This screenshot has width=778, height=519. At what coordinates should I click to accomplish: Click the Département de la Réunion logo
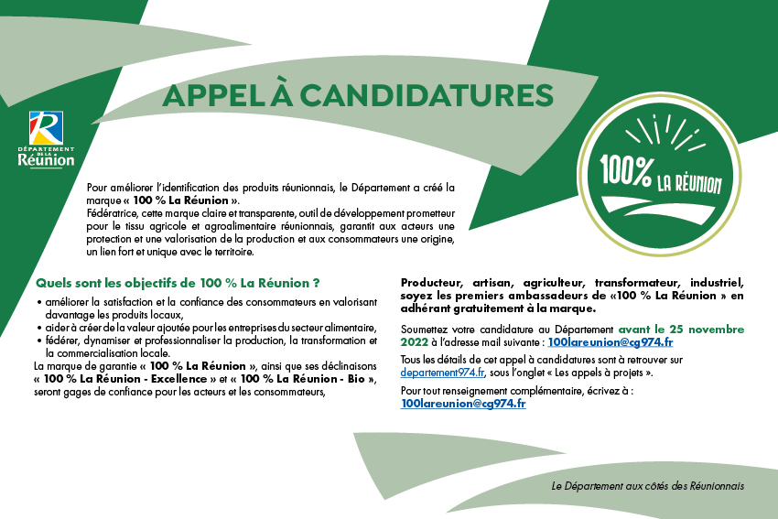(46, 139)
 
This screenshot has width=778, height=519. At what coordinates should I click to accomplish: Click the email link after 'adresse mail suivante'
(611, 341)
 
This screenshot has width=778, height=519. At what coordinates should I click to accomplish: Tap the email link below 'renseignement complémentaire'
(463, 403)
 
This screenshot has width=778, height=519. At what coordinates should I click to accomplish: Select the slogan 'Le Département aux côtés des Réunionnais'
(648, 485)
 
